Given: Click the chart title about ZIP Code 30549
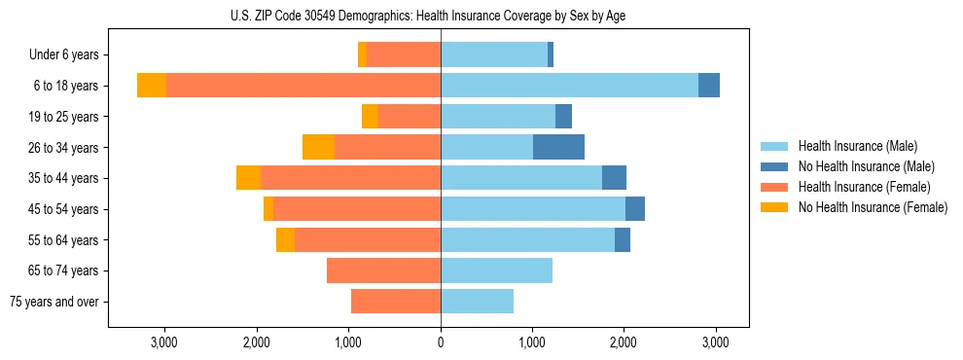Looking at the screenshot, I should point(441,15).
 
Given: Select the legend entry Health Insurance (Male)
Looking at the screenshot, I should point(857,146).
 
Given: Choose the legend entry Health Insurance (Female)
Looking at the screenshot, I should point(864,187).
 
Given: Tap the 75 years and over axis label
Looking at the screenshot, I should point(54,302).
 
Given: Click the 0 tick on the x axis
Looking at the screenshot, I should point(441,342).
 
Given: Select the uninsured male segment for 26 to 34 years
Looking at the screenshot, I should point(558,147).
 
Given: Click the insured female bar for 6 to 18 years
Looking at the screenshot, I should point(303,86).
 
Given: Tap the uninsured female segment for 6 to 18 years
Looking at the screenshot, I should point(152,86).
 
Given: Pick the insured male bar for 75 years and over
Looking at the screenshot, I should point(477,302).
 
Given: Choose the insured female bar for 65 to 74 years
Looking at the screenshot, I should point(383,270).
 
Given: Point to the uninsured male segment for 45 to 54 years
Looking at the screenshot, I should point(634,209).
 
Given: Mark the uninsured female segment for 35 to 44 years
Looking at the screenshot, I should point(248,178).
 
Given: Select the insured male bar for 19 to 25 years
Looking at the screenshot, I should point(498,117).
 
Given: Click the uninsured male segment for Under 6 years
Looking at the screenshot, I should point(551,55).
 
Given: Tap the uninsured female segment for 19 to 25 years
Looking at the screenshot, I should point(370,117).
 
